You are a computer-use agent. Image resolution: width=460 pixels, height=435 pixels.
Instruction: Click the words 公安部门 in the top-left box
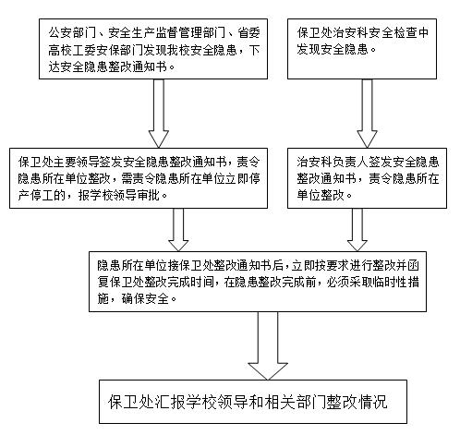pos(72,33)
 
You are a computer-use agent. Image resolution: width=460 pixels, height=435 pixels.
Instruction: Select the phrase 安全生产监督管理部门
pos(167,33)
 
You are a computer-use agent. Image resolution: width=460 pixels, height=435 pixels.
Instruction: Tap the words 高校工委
pos(72,50)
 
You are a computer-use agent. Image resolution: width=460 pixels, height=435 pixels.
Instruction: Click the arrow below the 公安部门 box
pos(159,114)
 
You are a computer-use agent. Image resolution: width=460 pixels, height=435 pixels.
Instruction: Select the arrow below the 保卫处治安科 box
pos(367,114)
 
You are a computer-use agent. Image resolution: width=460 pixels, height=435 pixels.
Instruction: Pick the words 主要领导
pos(77,163)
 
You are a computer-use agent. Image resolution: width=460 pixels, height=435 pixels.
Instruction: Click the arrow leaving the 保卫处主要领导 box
pos(178,230)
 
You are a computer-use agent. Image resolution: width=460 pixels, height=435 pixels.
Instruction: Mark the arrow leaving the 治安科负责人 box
pos(357,230)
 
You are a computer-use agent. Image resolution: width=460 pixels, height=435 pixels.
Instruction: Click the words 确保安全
pos(144,298)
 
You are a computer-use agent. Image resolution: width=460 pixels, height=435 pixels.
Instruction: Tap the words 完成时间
pos(191,282)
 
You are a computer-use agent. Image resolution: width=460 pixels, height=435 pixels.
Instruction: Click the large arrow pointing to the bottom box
pos(268,346)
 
